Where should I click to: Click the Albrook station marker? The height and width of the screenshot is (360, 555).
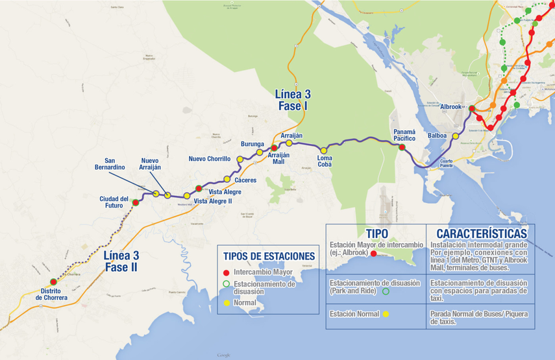click(x=472, y=108)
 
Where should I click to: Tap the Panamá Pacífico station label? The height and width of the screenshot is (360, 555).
click(x=404, y=135)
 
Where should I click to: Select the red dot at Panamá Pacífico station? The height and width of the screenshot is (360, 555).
click(x=402, y=147)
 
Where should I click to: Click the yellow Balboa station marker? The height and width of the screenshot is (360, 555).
click(x=456, y=136)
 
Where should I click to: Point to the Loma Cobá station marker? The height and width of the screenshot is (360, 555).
click(x=324, y=150)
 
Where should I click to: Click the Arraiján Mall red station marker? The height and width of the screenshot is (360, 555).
click(x=274, y=148)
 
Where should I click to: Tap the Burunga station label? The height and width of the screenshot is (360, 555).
click(x=252, y=144)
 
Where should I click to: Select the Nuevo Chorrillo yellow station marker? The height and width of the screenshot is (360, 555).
click(x=240, y=159)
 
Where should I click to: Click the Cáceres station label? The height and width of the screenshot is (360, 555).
click(x=246, y=180)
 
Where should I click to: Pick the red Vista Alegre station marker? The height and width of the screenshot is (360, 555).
click(x=199, y=188)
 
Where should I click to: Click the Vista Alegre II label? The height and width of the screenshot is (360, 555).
click(x=213, y=201)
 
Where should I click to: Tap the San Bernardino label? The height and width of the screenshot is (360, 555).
click(x=110, y=164)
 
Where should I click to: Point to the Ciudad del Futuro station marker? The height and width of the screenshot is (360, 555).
click(x=136, y=202)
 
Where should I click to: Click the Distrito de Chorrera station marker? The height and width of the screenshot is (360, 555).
click(x=53, y=282)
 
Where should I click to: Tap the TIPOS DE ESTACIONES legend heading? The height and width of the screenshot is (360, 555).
click(x=269, y=256)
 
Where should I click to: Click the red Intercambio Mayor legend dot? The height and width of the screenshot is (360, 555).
click(x=226, y=272)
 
